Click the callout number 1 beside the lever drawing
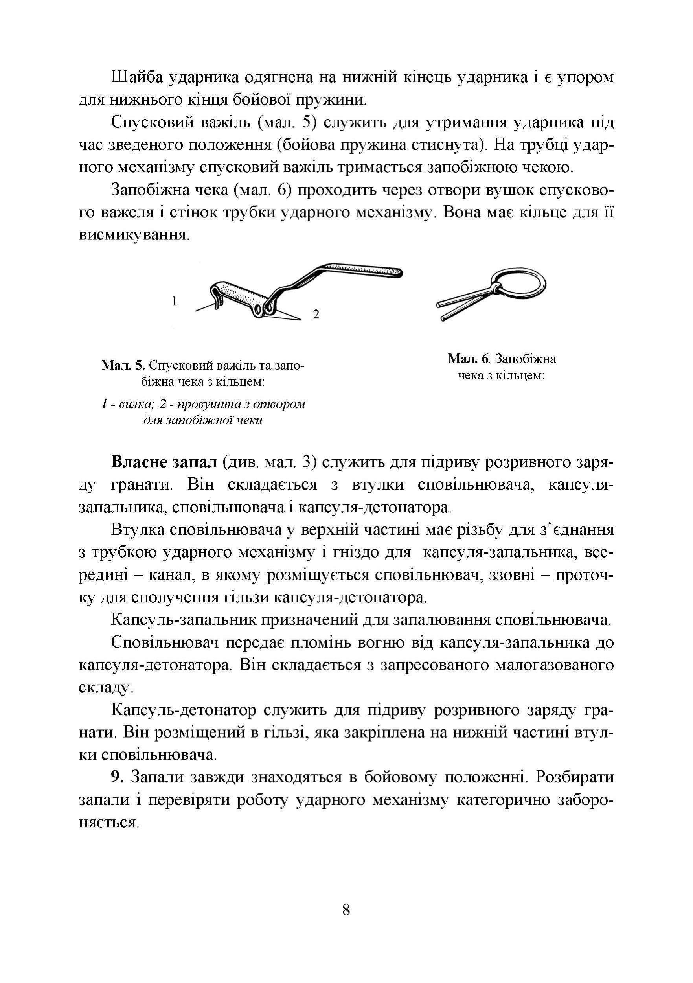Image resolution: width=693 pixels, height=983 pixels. pos(174,301)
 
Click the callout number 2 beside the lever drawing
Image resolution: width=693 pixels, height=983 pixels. pos(316,314)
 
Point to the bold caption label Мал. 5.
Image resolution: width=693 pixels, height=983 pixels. pos(124,366)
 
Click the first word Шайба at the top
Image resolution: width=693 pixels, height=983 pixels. pos(136,77)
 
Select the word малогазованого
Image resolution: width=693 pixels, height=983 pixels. pos(553,665)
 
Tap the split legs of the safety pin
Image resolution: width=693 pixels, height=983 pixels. pos(462,307)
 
